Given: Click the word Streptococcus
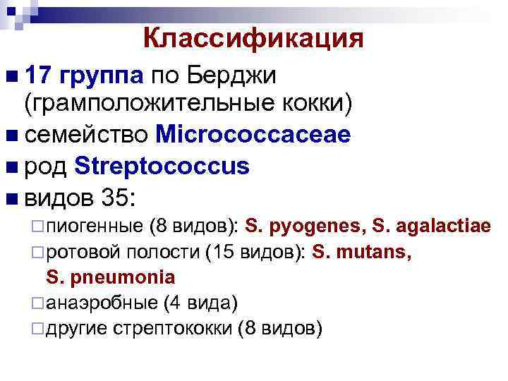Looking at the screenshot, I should [161, 167].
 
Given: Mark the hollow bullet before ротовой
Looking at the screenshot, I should [40, 253].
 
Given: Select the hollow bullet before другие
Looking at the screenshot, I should [40, 329].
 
